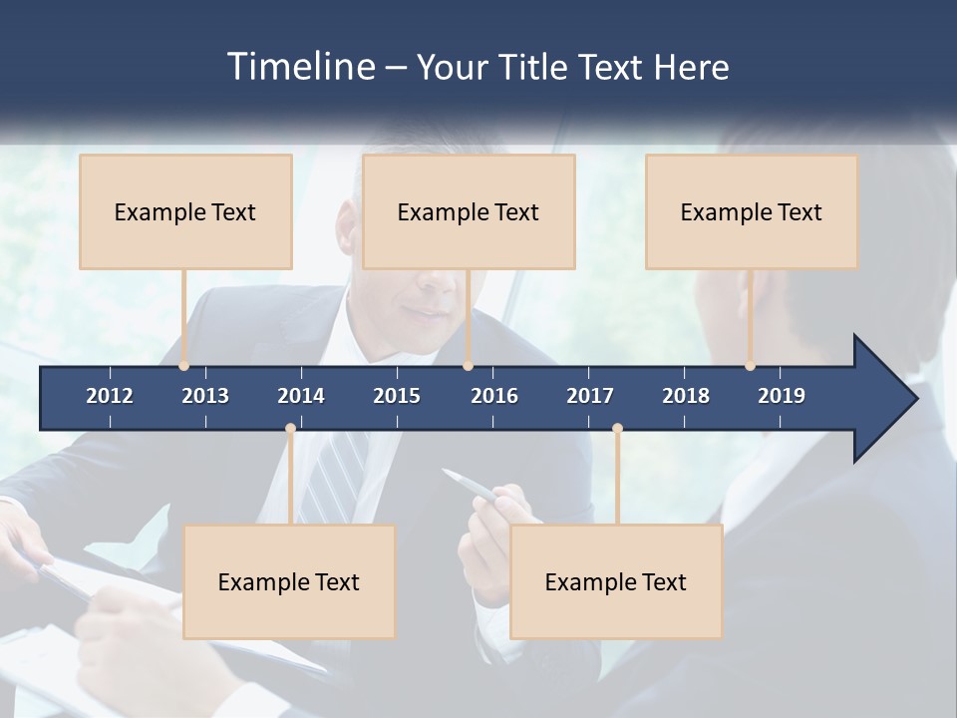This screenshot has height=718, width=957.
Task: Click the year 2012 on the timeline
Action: (x=110, y=396)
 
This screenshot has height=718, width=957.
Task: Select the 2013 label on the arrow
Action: (x=205, y=396)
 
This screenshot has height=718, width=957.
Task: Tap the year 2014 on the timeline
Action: (x=301, y=396)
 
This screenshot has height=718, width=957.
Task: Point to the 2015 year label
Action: (x=397, y=396)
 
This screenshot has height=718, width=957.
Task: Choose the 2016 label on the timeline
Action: (x=494, y=396)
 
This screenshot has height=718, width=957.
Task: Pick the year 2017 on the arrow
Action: (x=590, y=396)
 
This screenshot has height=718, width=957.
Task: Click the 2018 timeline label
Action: (x=686, y=396)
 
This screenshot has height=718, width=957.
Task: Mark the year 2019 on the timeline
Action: (x=782, y=396)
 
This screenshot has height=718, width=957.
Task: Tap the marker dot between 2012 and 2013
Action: (x=183, y=366)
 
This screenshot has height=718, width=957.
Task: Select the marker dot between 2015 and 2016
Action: (x=468, y=366)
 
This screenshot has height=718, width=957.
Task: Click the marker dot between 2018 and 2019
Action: (x=750, y=366)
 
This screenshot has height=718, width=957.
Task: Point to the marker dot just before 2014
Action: (x=290, y=429)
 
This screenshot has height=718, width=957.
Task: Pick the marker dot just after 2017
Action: (x=617, y=429)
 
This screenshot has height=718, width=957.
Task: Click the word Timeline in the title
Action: (x=299, y=67)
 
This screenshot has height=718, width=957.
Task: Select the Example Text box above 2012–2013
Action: (x=185, y=211)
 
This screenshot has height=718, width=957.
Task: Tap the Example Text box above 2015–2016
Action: (x=469, y=211)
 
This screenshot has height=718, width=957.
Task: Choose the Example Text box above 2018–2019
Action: (x=752, y=211)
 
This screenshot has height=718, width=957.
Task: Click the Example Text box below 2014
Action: (x=289, y=581)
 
